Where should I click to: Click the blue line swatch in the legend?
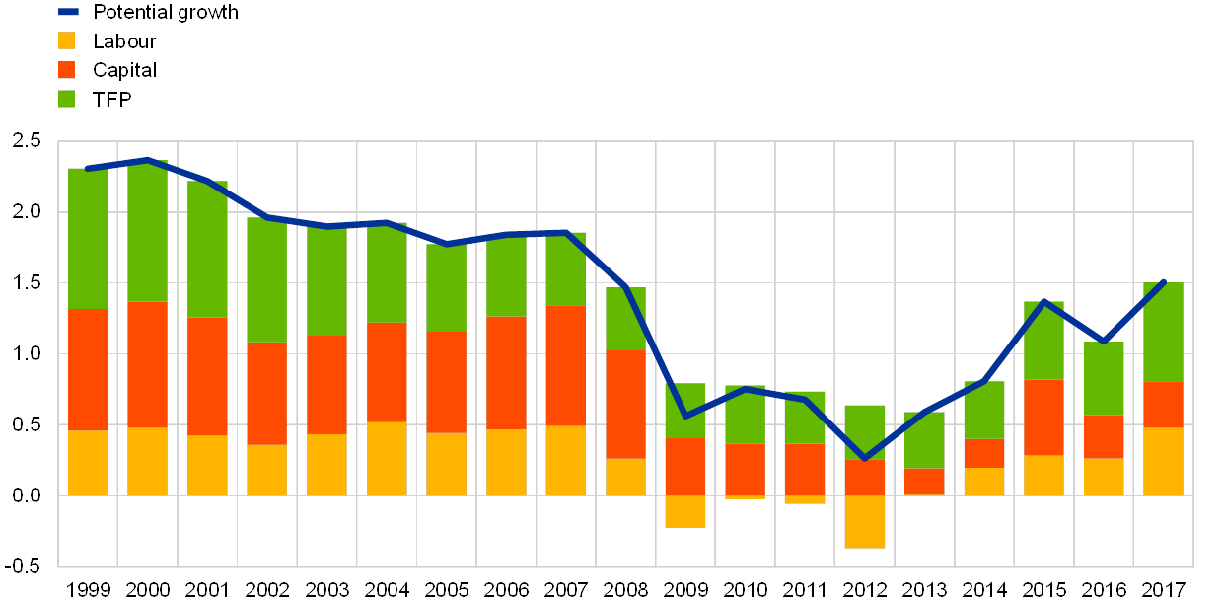click(68, 13)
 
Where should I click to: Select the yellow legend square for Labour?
click(67, 41)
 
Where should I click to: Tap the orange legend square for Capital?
click(67, 70)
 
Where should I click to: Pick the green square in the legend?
click(67, 99)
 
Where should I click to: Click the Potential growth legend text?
click(165, 13)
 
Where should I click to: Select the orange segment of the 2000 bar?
click(148, 364)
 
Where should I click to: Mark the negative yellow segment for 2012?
click(865, 521)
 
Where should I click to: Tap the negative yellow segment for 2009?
click(685, 511)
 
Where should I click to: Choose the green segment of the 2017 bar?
click(1164, 332)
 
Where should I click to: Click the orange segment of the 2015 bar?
click(1044, 418)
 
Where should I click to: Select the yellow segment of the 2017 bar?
click(1164, 461)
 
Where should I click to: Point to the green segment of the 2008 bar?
click(625, 319)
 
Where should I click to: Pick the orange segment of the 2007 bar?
click(566, 365)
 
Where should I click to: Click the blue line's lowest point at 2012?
click(865, 459)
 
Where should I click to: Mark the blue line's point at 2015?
click(1044, 301)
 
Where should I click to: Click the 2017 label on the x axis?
click(1164, 590)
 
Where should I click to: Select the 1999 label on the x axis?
click(89, 590)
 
